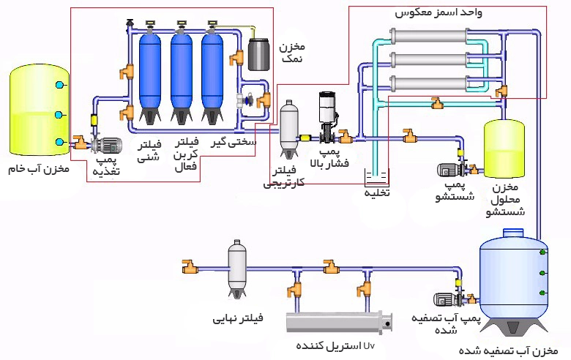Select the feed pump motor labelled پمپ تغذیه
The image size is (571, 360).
click(108, 145)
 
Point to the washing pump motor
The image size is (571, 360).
click(447, 170)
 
